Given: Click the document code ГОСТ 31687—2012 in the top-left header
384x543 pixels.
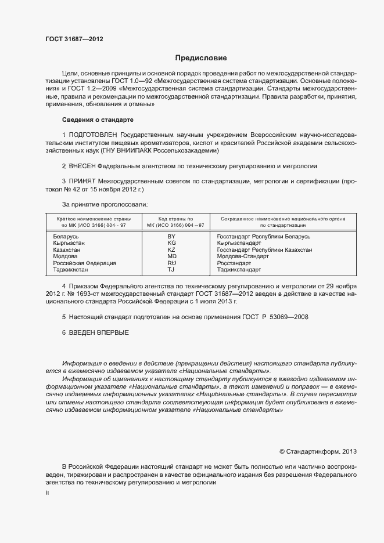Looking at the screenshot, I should [74, 39].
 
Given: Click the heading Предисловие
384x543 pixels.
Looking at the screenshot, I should [201, 58].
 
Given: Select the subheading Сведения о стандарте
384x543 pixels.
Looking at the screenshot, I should [98, 120].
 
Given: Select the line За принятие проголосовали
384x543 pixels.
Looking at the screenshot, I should [105, 204].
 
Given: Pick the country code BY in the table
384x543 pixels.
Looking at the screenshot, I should [171, 237].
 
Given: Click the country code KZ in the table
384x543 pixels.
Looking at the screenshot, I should [171, 250].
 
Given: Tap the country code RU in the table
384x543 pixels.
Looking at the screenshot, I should [171, 263].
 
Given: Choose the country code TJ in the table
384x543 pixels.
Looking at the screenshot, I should [171, 269].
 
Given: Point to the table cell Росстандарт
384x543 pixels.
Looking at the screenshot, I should [234, 263].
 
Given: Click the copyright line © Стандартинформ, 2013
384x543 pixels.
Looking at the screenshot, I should [318, 451].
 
